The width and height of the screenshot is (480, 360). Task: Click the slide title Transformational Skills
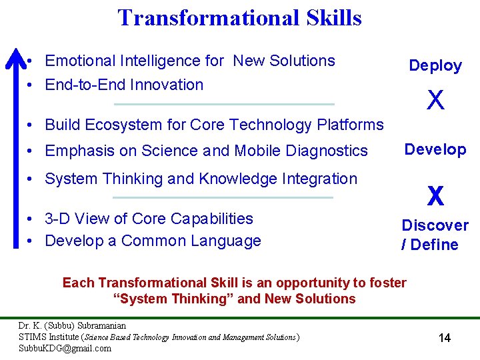[x=239, y=17]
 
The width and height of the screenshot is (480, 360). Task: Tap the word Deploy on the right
[x=435, y=65]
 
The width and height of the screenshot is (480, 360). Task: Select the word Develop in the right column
[x=435, y=149]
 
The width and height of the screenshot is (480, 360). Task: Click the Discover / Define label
[x=434, y=235]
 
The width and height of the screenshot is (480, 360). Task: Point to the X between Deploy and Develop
[x=435, y=101]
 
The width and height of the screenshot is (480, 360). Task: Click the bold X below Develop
[x=435, y=196]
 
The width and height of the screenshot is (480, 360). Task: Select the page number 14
[x=444, y=338]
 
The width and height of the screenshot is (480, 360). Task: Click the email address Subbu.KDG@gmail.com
[x=65, y=348]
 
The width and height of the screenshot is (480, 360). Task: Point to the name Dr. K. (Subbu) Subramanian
[x=72, y=326]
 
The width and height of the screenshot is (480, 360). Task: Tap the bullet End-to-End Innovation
[x=123, y=85]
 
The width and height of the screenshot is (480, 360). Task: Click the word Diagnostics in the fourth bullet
[x=326, y=151]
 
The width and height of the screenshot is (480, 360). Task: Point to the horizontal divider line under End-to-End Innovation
[x=224, y=104]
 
